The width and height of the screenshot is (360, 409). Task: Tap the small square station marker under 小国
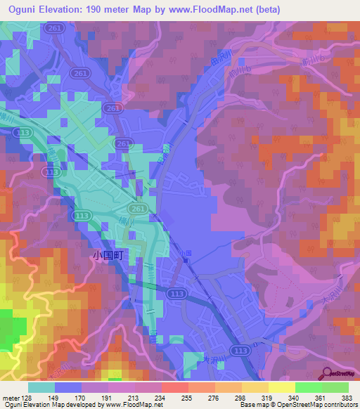click(x=186, y=259)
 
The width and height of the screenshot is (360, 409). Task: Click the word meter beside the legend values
click(x=11, y=398)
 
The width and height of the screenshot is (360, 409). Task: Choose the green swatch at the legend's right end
click(x=335, y=387)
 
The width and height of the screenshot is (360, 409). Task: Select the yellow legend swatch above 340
click(x=281, y=387)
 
